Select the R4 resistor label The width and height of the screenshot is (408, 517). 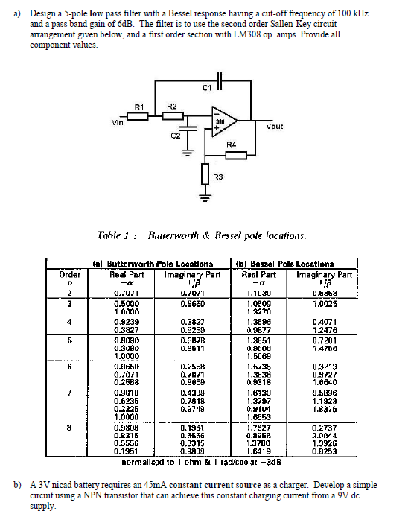pos(231,144)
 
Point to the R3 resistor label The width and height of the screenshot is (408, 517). pos(217,177)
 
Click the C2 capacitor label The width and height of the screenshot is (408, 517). pos(175,135)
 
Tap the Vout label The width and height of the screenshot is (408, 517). pos(274,126)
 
